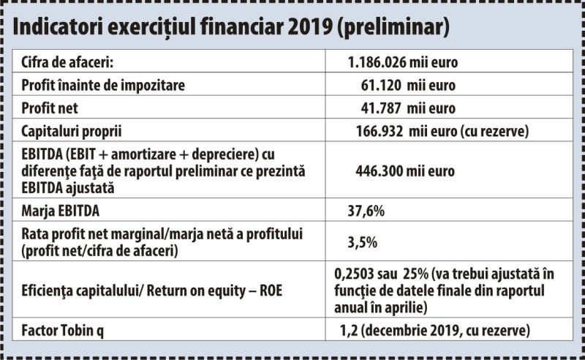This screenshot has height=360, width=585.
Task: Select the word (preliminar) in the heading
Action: coord(393,28)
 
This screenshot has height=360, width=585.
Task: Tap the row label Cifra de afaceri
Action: coord(67,62)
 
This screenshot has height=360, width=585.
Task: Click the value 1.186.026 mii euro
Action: coord(403,62)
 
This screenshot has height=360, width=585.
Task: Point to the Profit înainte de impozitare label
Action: coord(103,85)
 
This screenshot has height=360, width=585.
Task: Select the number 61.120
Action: coord(381,86)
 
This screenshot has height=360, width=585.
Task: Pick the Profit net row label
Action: coord(50,108)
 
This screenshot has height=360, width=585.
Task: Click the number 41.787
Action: coord(381,108)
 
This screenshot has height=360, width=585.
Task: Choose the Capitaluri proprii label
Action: coord(71,132)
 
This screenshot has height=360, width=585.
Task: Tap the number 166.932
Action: coord(380,132)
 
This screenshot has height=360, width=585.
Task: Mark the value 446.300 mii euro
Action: coord(405,171)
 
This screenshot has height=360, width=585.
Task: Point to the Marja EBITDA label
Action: coord(61,211)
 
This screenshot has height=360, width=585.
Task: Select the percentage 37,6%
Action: coord(366,211)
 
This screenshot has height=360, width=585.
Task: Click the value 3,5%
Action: coord(362,242)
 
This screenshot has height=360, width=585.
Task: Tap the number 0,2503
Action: coord(354,274)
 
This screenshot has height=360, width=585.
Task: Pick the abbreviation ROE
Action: coord(271,290)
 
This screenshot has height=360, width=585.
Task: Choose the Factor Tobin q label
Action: coord(63,331)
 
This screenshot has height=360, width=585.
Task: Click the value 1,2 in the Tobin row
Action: coord(349,331)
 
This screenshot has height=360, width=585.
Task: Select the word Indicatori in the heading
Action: coord(58,26)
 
